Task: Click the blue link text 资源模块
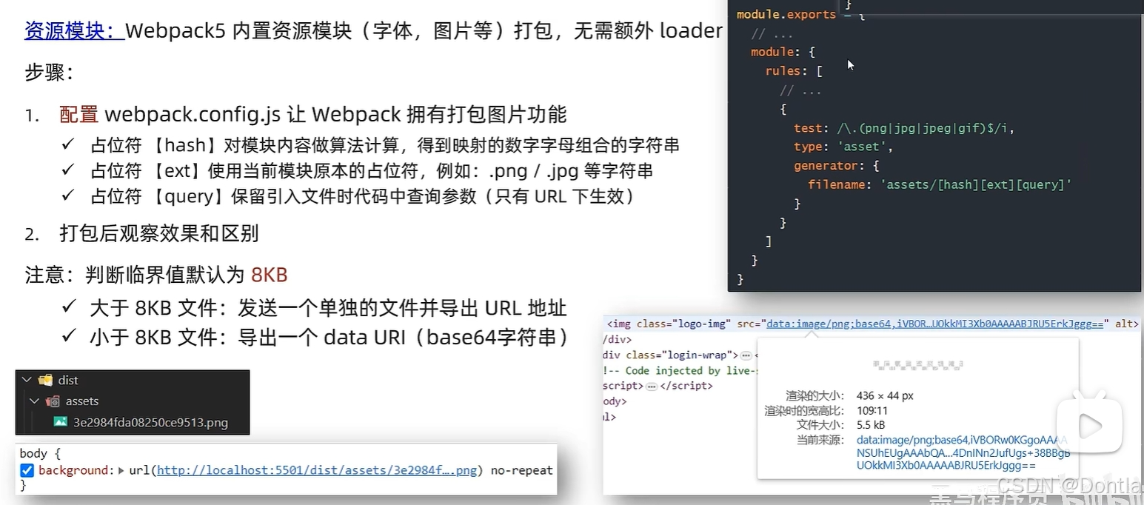[73, 31]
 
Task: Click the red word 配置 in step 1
[78, 114]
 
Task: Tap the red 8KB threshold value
[269, 275]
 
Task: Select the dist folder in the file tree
[68, 380]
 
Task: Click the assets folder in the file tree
[81, 401]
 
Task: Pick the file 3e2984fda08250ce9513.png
[150, 423]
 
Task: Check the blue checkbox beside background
[27, 470]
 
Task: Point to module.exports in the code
[786, 15]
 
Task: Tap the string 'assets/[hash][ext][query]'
[976, 185]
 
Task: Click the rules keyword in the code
[783, 71]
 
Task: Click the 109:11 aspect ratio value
[872, 410]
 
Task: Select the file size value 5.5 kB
[871, 425]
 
